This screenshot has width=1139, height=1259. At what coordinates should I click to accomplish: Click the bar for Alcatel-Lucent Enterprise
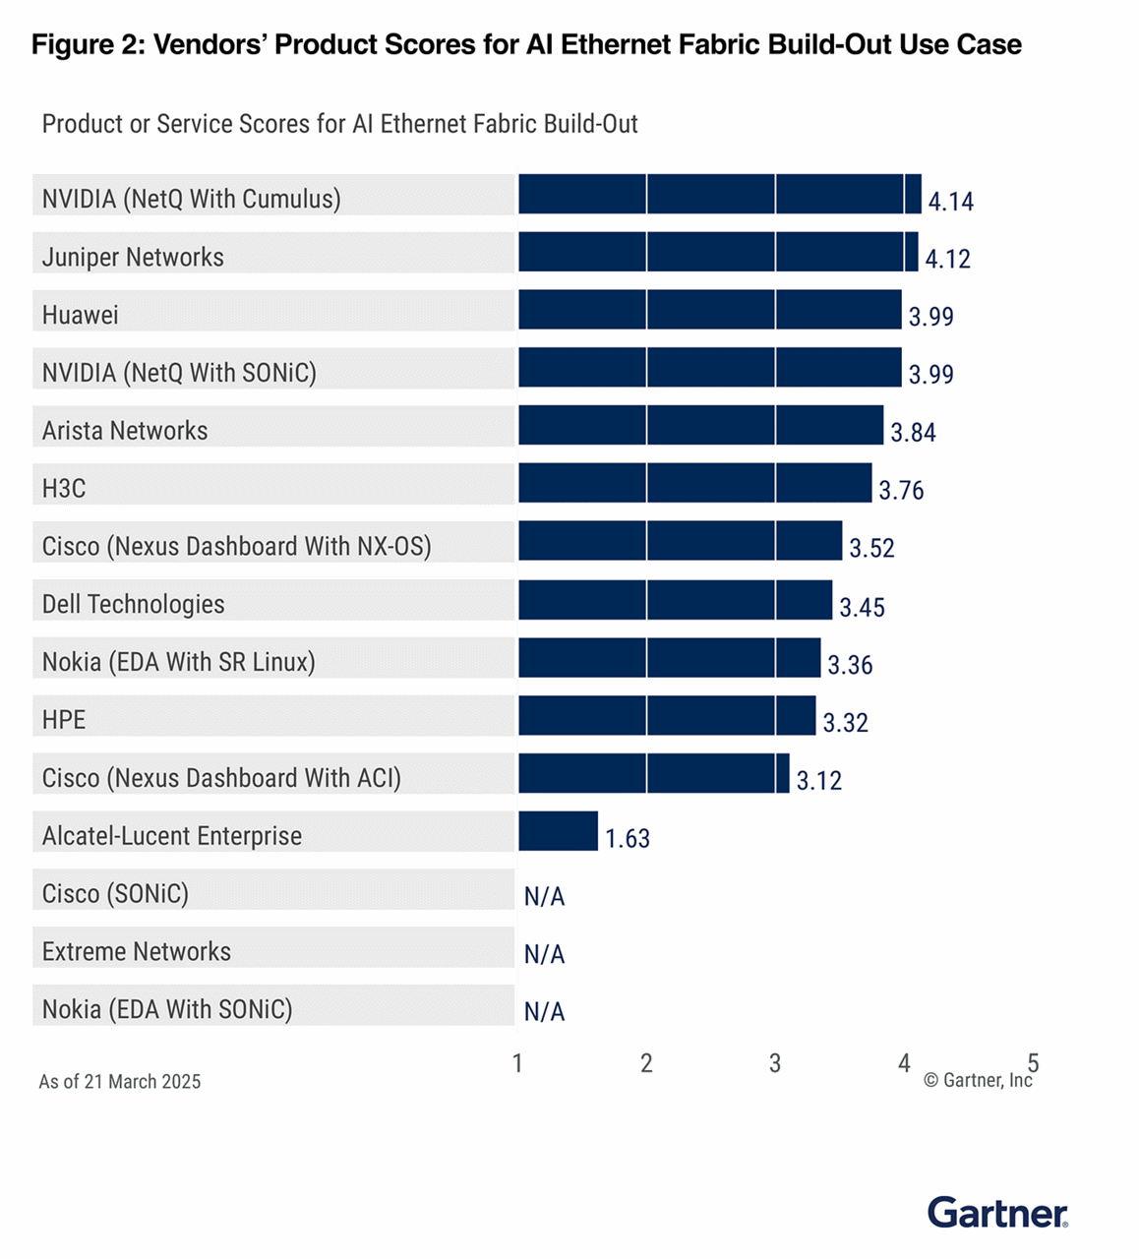[x=558, y=831]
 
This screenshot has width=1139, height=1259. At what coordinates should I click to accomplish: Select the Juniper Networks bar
[x=718, y=252]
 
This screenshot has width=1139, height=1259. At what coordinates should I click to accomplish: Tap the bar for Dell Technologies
[x=675, y=600]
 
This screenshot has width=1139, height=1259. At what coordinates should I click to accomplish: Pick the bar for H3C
[x=694, y=484]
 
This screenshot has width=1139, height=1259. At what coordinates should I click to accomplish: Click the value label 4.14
[x=950, y=202]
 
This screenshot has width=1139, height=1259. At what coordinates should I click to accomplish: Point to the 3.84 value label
[x=913, y=433]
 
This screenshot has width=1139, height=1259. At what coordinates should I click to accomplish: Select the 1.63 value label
[x=627, y=838]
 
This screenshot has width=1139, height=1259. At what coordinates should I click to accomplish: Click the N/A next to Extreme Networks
[x=544, y=954]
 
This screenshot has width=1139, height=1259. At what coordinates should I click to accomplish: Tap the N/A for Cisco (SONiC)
[x=544, y=896]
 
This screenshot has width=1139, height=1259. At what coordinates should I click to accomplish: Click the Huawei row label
[x=81, y=315]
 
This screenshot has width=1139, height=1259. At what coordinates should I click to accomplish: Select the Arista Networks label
[x=125, y=431]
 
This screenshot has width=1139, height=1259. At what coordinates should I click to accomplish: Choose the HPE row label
[x=64, y=720]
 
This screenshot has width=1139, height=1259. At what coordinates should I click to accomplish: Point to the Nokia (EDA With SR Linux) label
[x=178, y=662]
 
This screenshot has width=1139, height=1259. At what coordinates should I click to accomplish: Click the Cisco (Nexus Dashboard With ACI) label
[x=221, y=778]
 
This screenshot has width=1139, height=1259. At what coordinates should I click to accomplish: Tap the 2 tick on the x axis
[x=646, y=1063]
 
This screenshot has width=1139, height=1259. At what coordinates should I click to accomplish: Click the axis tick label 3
[x=775, y=1063]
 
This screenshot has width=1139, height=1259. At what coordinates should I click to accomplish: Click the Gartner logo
[x=996, y=1213]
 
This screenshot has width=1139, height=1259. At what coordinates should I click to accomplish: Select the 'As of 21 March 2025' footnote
[x=120, y=1082]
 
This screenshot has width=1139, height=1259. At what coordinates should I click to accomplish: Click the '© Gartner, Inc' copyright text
[x=978, y=1080]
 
